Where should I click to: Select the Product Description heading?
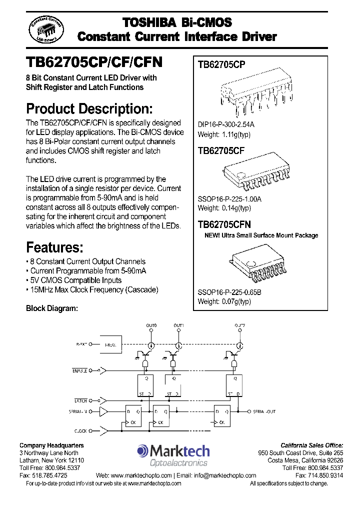click(x=89, y=108)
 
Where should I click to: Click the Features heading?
click(x=54, y=247)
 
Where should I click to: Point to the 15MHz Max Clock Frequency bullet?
click(x=92, y=289)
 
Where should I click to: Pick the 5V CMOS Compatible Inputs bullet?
click(x=74, y=280)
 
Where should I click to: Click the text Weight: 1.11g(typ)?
click(x=224, y=134)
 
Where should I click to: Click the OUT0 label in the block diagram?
click(x=151, y=325)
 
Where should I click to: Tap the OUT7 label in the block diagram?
click(x=239, y=325)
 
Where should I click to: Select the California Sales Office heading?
click(x=311, y=445)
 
